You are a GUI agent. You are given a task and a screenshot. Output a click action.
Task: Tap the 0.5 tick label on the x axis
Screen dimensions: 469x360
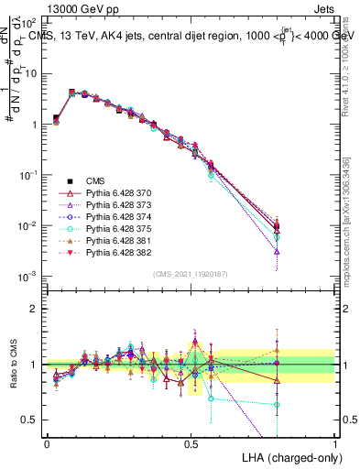[191, 443]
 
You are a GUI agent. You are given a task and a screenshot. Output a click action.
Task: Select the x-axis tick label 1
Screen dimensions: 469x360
[334, 443]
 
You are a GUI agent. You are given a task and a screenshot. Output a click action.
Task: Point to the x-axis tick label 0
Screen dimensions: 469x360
[47, 443]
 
